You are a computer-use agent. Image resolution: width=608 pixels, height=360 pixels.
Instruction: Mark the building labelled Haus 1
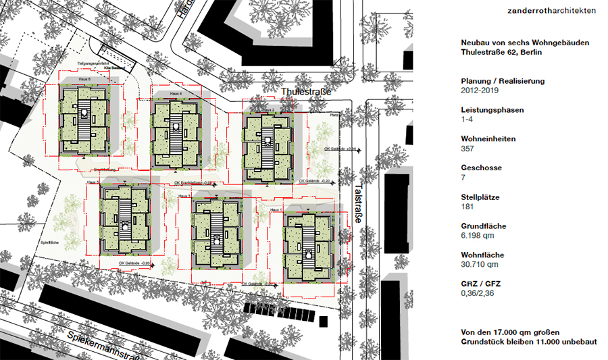click(307, 247)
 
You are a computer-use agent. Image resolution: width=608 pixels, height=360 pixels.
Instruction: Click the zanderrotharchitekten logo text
click(553, 11)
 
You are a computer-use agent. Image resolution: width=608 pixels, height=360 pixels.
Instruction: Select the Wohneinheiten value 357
click(467, 149)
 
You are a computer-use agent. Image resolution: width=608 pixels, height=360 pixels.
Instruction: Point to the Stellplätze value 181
click(467, 207)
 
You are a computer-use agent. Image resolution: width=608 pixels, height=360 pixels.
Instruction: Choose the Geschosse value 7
click(463, 178)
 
